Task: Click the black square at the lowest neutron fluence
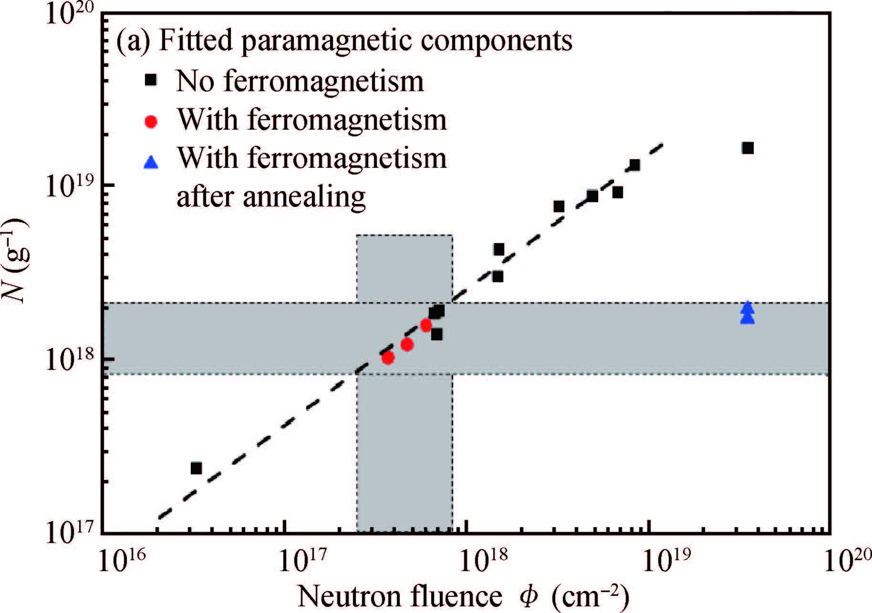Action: click(x=196, y=468)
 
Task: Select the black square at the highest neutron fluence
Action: click(x=747, y=148)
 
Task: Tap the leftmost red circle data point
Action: click(x=388, y=358)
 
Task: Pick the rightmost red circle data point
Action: click(x=426, y=325)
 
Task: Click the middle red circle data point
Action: click(x=407, y=344)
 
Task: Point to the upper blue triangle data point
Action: click(x=747, y=307)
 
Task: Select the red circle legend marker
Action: click(x=151, y=122)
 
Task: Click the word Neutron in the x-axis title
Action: click(x=351, y=596)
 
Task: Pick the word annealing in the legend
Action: click(x=304, y=196)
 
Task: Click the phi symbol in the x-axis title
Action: click(x=528, y=596)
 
